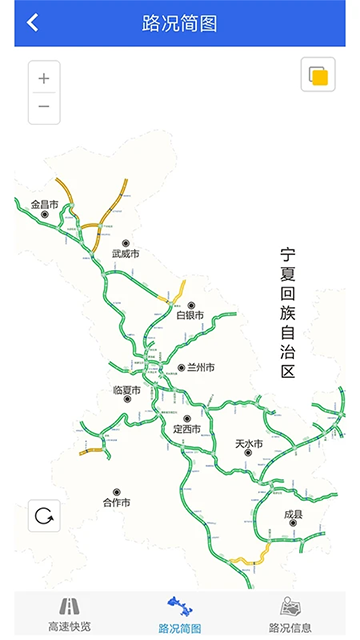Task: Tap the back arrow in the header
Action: pos(33,23)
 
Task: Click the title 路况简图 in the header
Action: pos(180,23)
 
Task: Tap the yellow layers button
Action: pos(317,76)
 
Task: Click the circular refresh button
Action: pos(44,516)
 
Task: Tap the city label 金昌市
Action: pos(44,205)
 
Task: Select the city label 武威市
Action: pos(126,254)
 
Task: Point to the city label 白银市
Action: pos(190,315)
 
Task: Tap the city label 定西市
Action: pos(186,429)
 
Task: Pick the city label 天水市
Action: pos(248,443)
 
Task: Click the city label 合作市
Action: pos(116,502)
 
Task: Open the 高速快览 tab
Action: pos(69,615)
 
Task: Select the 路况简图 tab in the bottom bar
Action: pos(180,615)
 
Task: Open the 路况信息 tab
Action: pos(290,615)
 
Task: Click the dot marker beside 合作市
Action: pos(116,492)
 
